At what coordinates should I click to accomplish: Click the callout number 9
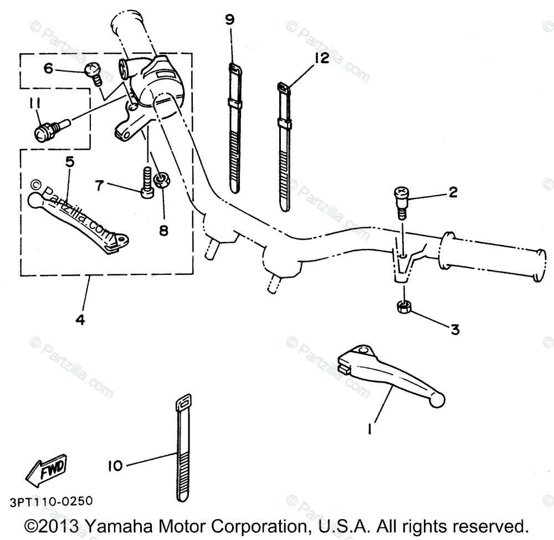point(230,21)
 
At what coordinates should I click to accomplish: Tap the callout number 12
point(321,58)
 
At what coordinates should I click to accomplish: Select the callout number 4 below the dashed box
point(81,320)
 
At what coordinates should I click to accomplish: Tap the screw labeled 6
point(94,73)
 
